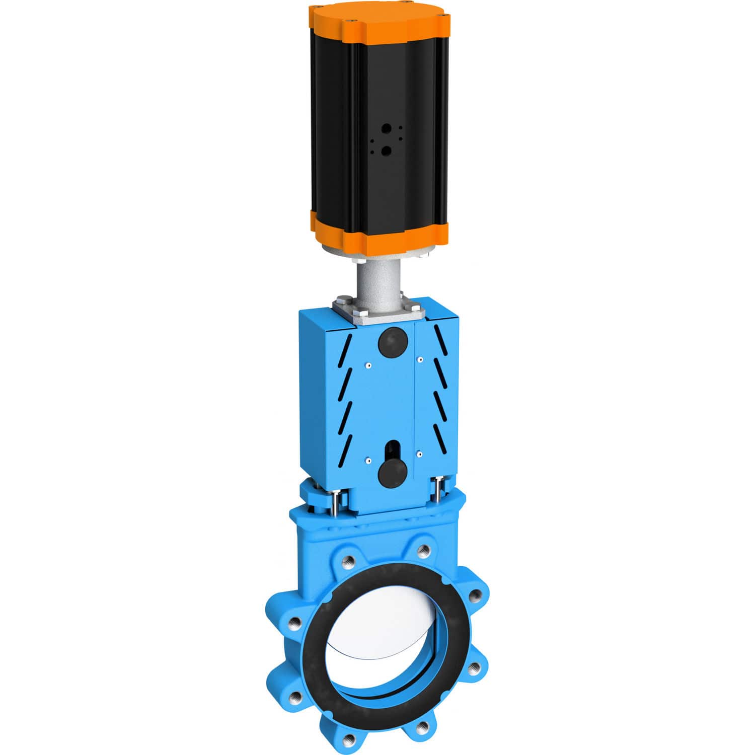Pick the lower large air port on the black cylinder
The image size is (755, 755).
click(386, 150)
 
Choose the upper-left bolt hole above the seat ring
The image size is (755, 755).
click(347, 559)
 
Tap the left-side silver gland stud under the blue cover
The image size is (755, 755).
click(333, 502)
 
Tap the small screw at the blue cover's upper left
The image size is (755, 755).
click(368, 365)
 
